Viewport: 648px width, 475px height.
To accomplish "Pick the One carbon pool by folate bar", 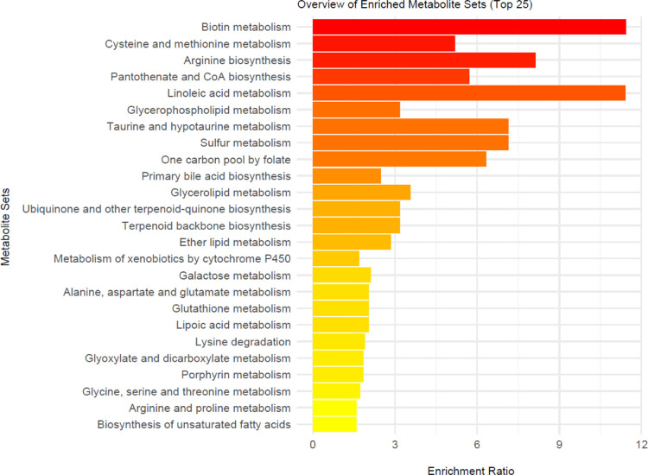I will point(398,160).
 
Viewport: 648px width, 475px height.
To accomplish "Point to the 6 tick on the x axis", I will point(477,445).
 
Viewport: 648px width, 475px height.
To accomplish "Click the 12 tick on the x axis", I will point(642,445).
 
